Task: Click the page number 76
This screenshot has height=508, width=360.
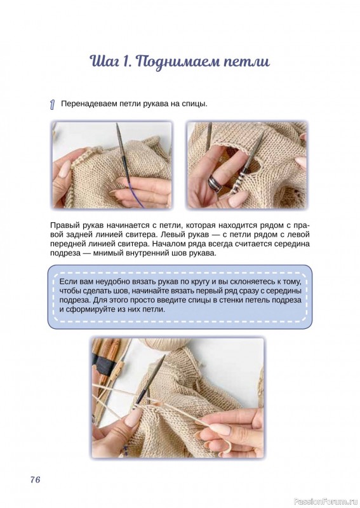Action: coord(36,479)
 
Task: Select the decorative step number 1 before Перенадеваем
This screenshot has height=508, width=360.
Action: coord(53,105)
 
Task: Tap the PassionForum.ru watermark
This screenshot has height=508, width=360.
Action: coord(326,502)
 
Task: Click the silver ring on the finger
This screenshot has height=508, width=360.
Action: coord(215,182)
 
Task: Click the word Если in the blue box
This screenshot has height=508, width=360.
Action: coord(67,281)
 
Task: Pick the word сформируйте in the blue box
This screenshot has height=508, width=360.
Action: coord(91,309)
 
